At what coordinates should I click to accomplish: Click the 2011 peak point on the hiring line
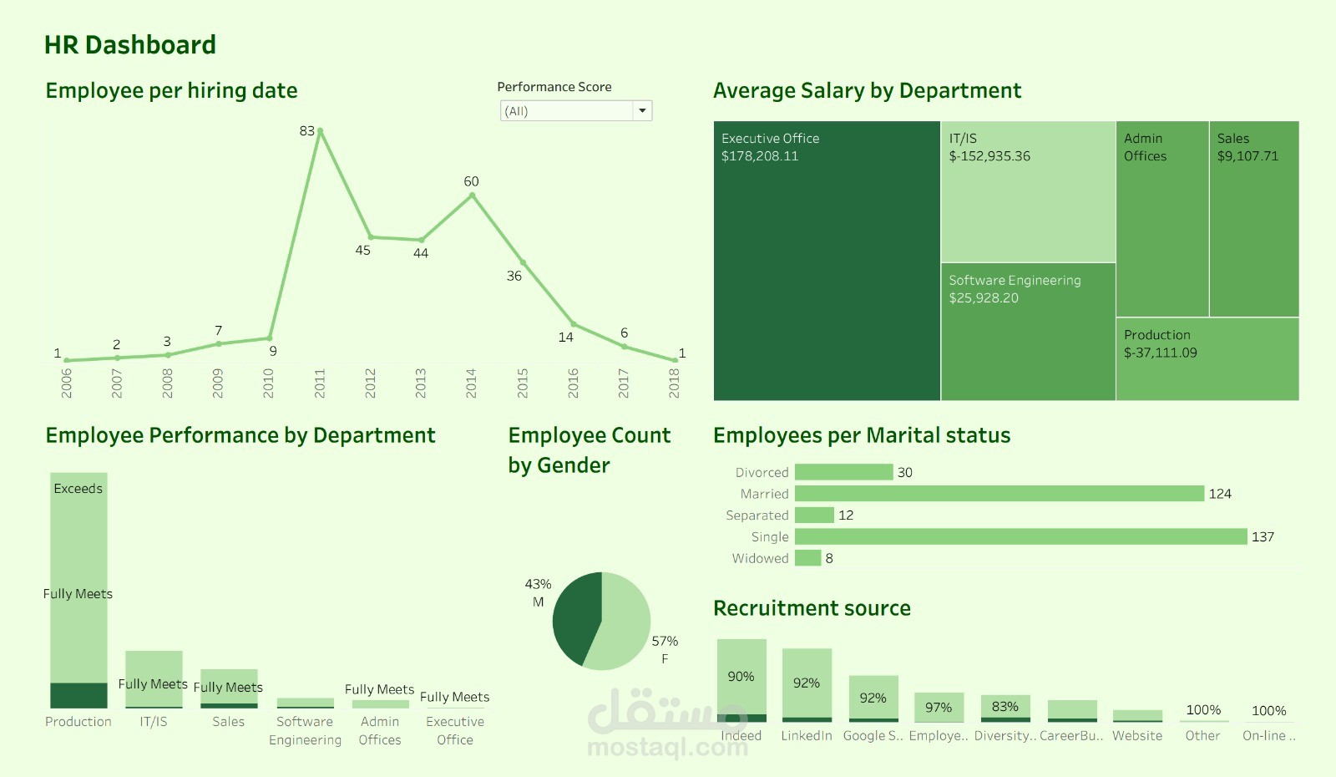320,131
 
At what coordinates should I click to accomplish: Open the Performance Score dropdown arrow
642,111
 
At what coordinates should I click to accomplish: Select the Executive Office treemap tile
827,267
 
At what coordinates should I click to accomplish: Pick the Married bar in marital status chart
999,494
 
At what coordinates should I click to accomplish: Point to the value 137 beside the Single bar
1263,536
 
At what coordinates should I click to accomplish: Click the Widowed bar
807,558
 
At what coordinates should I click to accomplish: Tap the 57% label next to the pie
665,641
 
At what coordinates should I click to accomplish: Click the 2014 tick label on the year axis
471,383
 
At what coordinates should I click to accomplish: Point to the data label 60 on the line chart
471,181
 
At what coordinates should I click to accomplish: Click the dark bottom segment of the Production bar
78,695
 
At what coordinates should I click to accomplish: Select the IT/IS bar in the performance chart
154,678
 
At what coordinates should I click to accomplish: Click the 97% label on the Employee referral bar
939,708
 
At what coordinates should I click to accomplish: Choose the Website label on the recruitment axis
1136,735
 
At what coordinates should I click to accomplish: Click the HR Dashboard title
130,44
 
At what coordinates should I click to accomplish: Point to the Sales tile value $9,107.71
1247,156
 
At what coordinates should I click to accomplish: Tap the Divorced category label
762,472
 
